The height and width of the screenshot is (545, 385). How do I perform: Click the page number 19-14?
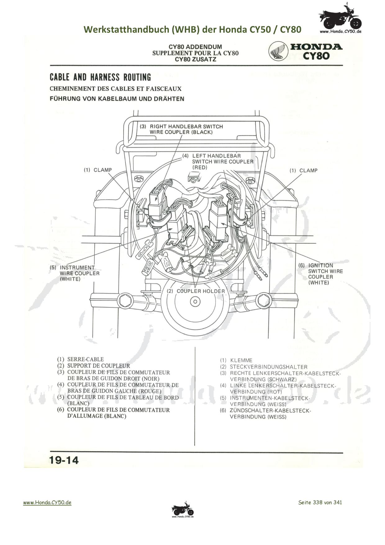point(64,460)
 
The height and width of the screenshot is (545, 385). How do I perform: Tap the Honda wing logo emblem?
point(278,52)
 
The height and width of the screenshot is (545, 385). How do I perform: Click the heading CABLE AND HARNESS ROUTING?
point(100,77)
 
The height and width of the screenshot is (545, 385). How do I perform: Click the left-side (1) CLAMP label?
point(98,170)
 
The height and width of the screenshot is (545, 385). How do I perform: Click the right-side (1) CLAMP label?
point(304,171)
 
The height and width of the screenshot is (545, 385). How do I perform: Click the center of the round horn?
point(195,302)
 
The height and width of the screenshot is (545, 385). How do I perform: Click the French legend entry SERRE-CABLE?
point(85,359)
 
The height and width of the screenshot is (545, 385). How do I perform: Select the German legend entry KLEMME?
point(241,360)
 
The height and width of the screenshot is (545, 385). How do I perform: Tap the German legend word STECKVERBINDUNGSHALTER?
point(269,367)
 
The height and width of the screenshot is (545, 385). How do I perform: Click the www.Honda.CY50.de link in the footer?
point(47,502)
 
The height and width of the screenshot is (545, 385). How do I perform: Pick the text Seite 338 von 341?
point(320,502)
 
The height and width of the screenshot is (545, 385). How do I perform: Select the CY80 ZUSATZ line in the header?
point(195,59)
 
